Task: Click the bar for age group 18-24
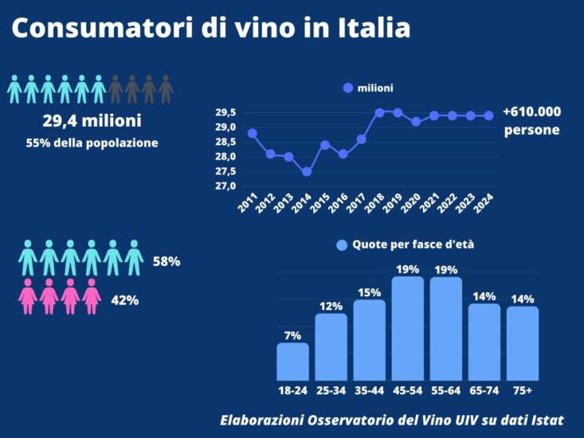pos(292,362)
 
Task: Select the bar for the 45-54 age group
pos(407,328)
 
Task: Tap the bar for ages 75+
pos(523,343)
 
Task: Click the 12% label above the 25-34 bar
pos(331,306)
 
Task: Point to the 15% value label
pos(370,292)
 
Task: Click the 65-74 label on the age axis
pos(484,390)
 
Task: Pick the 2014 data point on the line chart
pos(307,171)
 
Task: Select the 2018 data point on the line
pos(379,112)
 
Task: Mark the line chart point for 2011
pos(253,133)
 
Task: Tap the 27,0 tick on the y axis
pos(225,186)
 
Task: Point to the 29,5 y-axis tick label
pos(225,112)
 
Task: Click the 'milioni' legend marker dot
pos(347,88)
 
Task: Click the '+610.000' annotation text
pos(531,111)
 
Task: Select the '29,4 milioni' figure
pos(92,121)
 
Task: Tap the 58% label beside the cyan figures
pos(167,261)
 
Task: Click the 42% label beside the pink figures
pos(124,300)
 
